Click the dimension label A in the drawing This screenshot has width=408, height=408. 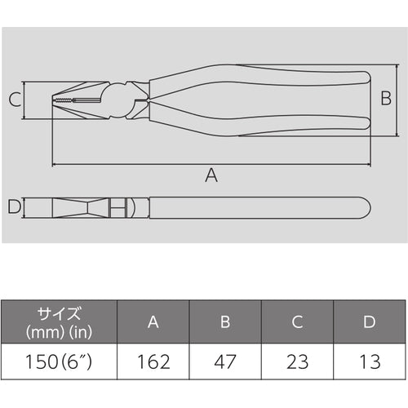[x=211, y=174]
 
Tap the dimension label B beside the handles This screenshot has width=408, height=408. [x=388, y=100]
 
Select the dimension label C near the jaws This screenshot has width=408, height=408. [x=14, y=100]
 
